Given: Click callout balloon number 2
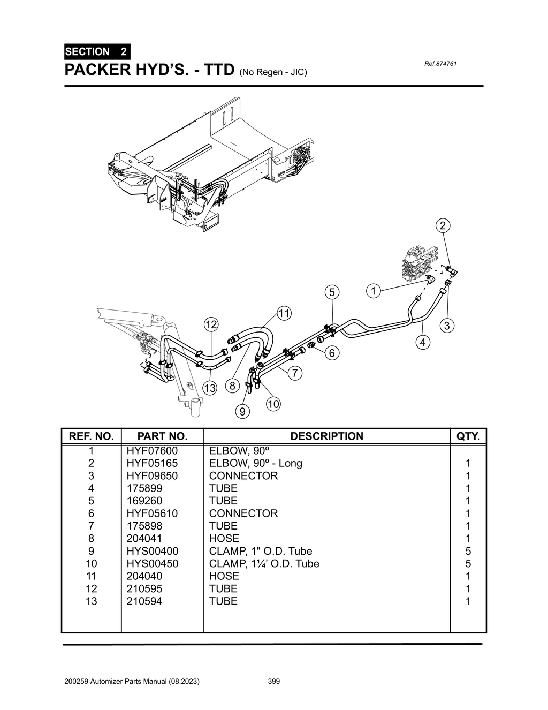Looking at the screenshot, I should pos(442,225).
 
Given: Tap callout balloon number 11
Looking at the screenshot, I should pos(284,313).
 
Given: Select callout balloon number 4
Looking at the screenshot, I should pos(423,342).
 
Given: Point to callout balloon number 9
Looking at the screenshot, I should pos(242,411).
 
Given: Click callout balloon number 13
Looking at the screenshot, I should pos(210,388).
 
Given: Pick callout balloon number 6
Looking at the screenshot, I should pos(332,353).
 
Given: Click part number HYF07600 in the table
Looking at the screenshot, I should pos(152,451).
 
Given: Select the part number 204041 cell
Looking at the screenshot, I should pos(144,538).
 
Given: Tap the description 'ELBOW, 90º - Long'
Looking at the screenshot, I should pos(255,463).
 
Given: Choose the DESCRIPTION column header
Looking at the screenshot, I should pos(326,436).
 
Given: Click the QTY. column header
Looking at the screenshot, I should pos(468,436).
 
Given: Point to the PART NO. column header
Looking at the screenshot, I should pos(162,436).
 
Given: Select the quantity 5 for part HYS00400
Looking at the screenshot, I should pos(468,551).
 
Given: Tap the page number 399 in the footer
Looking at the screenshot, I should pos(273,682).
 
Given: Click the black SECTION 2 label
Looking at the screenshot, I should pos(96,52).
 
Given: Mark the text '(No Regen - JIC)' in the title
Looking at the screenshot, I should pos(273,72).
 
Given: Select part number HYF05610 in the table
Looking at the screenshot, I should pos(152,513).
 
